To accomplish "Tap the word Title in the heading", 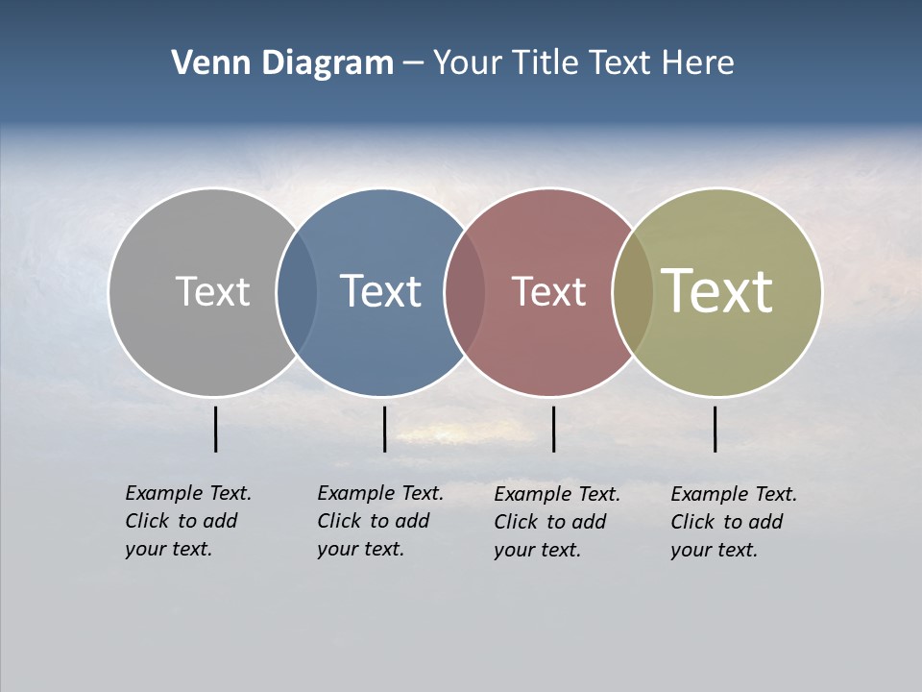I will (x=546, y=63).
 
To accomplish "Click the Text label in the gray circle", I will (x=212, y=291).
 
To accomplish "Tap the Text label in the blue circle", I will (x=380, y=291).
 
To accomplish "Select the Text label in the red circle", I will (x=548, y=291).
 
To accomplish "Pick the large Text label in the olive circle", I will (x=716, y=291).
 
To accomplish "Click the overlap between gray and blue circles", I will (x=297, y=292).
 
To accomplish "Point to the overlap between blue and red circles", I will (x=465, y=292).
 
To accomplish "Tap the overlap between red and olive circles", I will (x=633, y=292).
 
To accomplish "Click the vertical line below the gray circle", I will (x=216, y=429).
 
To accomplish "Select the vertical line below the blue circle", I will (x=384, y=429).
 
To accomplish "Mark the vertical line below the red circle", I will (x=553, y=429).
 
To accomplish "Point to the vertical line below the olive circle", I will (x=715, y=429).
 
